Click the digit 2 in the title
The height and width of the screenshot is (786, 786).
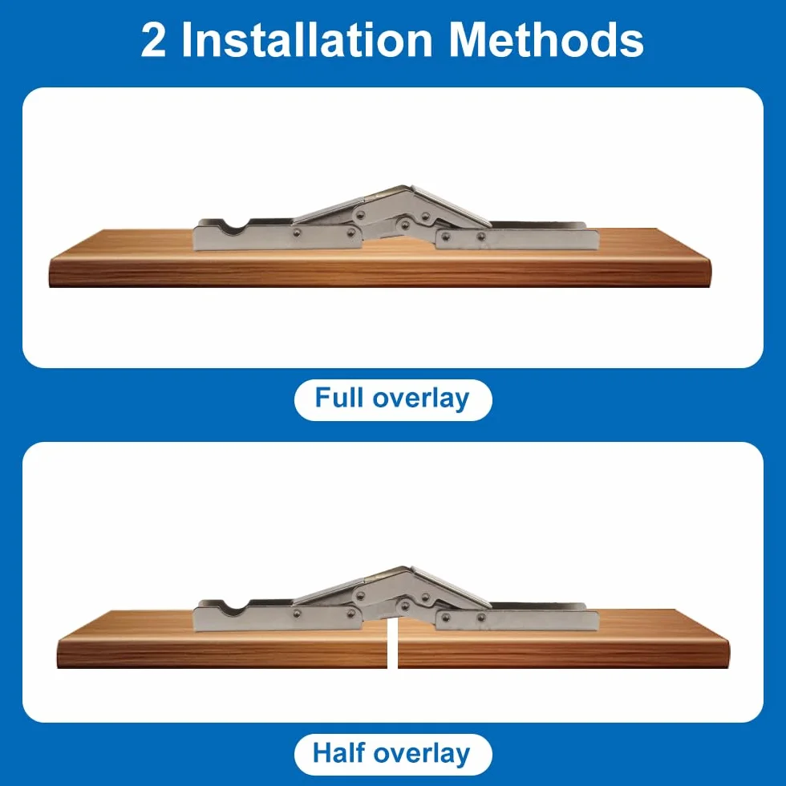(153, 40)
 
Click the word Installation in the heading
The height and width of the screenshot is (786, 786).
(307, 39)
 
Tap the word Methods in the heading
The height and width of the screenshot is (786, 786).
(546, 39)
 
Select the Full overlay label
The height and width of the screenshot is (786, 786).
(393, 399)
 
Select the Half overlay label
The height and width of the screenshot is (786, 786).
(393, 754)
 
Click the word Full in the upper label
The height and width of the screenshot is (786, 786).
(338, 398)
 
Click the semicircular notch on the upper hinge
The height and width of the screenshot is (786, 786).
(235, 227)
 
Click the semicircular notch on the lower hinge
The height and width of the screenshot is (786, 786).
(235, 608)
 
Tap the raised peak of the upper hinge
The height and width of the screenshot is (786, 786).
(406, 188)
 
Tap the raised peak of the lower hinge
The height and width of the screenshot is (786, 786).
(406, 569)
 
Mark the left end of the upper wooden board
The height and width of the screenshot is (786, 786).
(51, 271)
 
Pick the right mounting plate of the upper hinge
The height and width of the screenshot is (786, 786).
(517, 240)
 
